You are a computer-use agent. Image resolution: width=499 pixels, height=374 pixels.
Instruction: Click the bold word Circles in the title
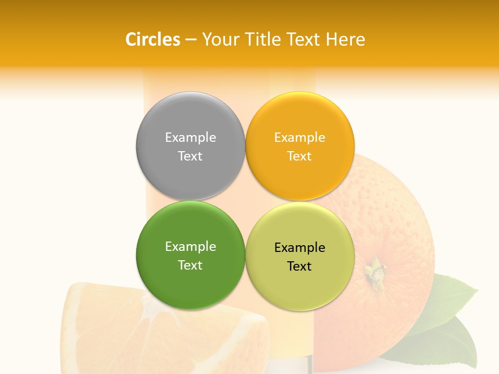tap(153, 39)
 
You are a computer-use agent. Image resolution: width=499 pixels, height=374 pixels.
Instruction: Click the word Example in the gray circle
tap(190, 137)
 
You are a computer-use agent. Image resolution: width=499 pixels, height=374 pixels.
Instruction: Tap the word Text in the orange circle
tap(299, 156)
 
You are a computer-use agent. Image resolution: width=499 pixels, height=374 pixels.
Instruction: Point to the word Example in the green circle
tap(190, 246)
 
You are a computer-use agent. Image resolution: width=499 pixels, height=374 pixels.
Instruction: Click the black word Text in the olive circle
tap(299, 266)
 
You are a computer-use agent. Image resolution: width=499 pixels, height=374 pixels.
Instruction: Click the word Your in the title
tap(219, 39)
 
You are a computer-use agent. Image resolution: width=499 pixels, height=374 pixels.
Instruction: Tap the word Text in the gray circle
tap(190, 156)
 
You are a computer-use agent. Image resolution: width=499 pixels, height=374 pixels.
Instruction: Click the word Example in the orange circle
tap(299, 137)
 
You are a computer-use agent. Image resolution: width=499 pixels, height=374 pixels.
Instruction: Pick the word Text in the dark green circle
tap(190, 265)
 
